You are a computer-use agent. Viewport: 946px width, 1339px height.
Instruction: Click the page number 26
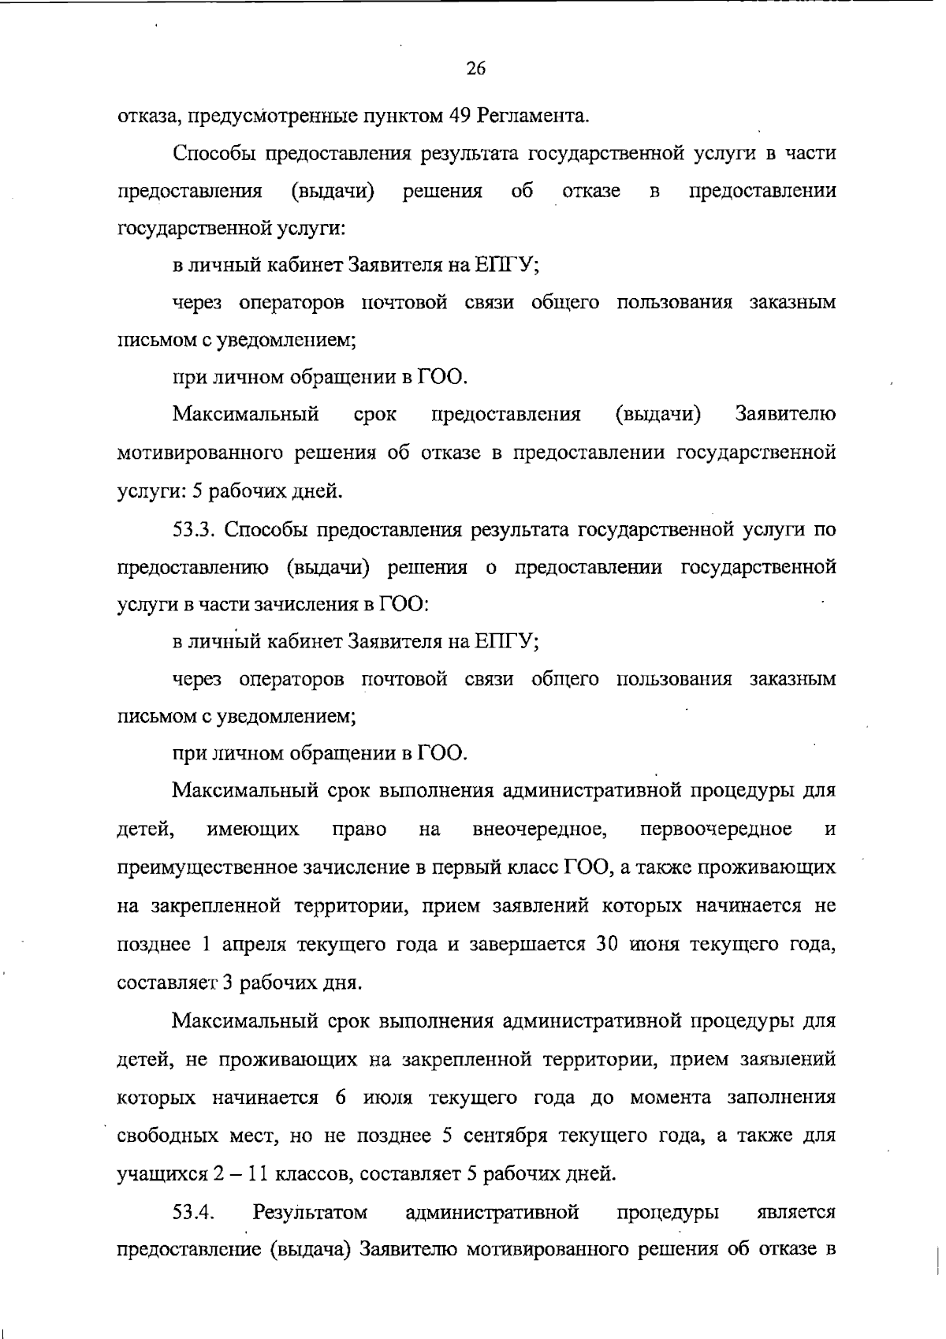pyautogui.click(x=475, y=69)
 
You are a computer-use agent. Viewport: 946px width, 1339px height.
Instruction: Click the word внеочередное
pyautogui.click(x=539, y=829)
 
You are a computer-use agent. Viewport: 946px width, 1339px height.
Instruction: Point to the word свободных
pyautogui.click(x=166, y=1136)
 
